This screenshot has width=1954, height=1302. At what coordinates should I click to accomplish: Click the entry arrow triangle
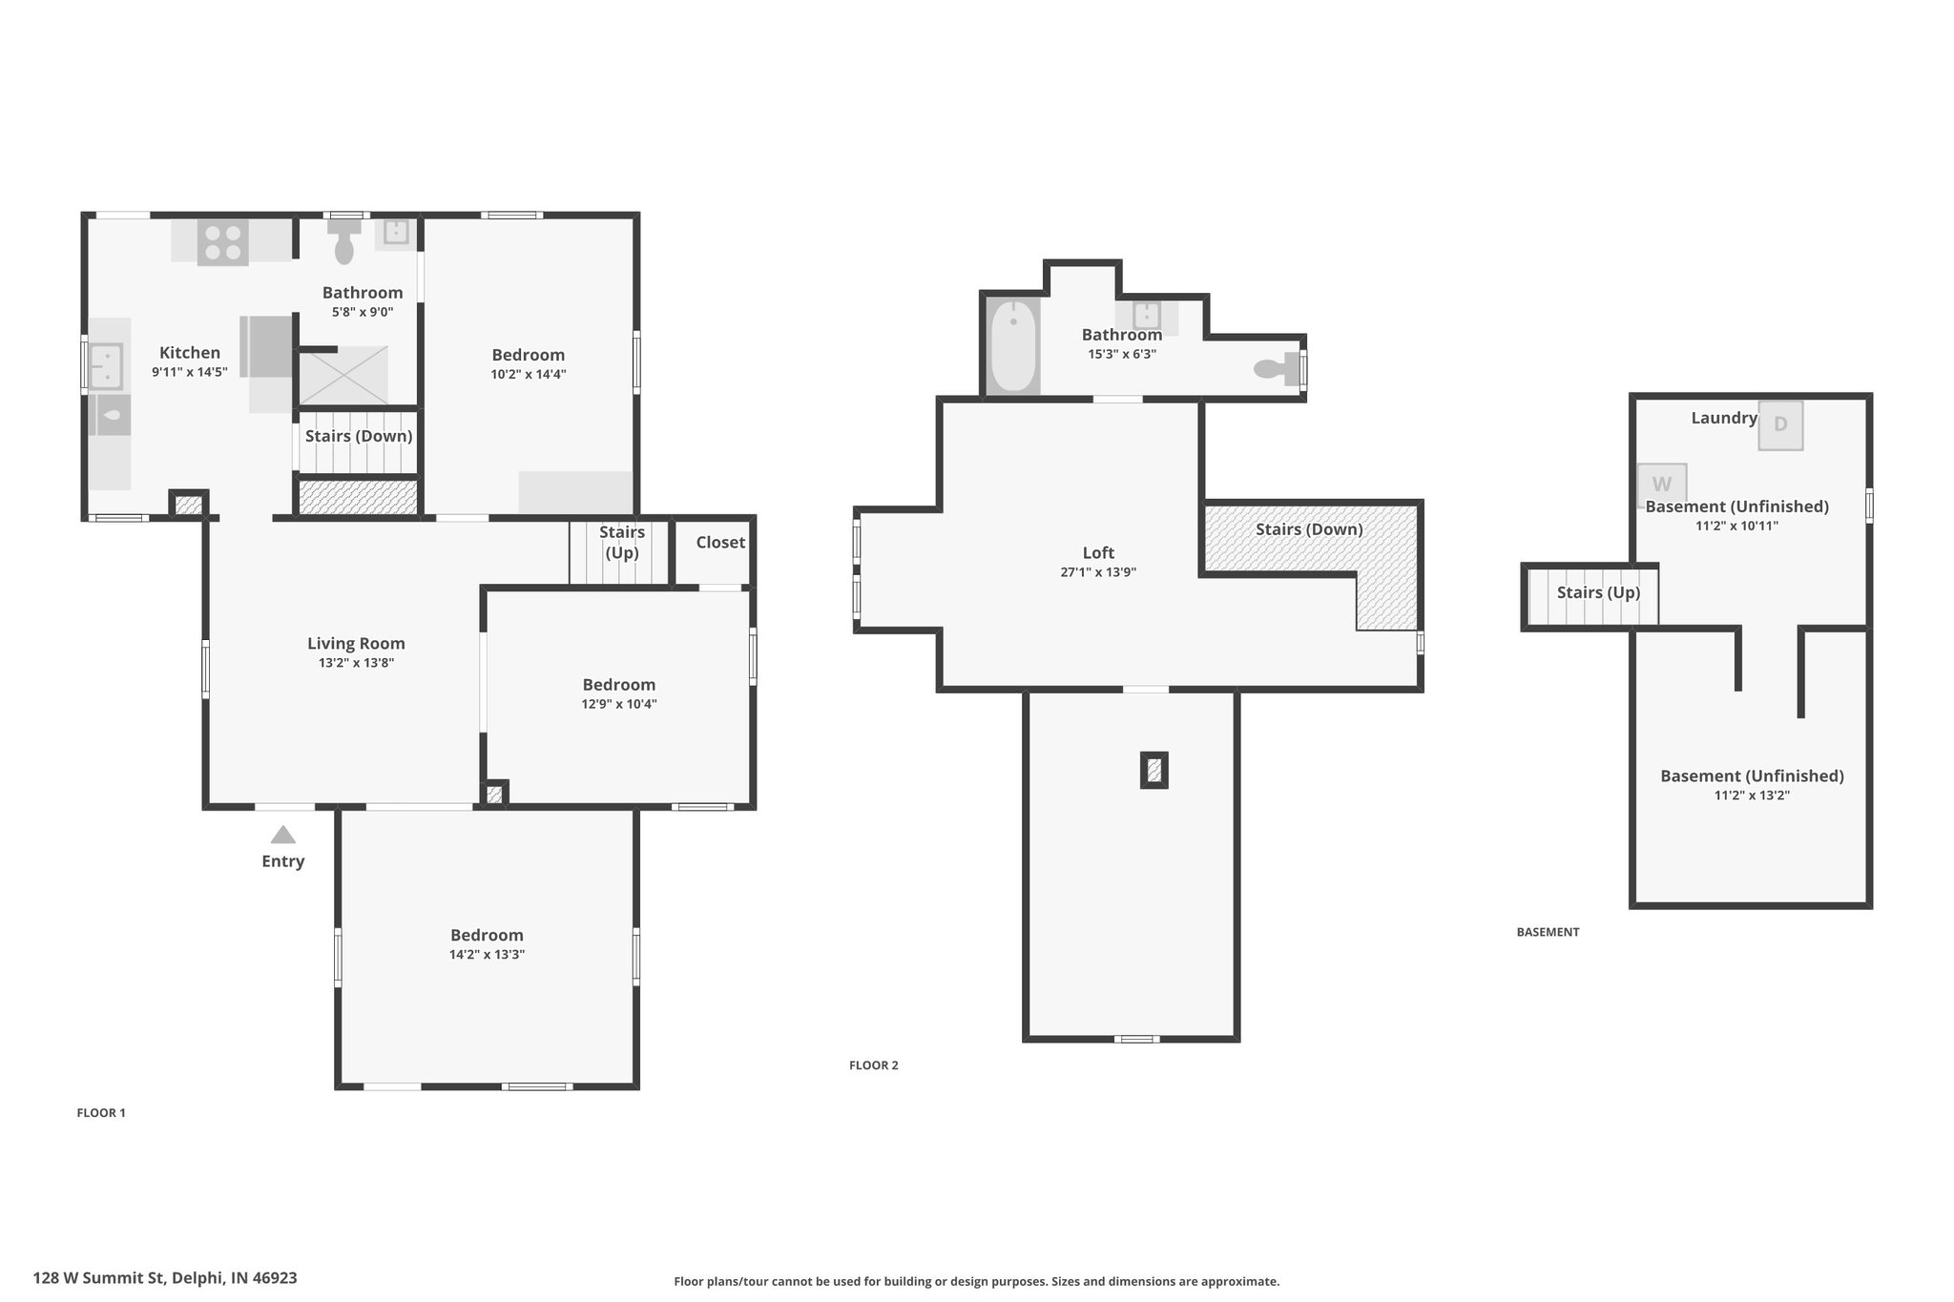[282, 835]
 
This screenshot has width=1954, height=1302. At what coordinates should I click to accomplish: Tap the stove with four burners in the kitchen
[222, 241]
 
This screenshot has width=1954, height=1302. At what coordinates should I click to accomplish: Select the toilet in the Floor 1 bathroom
[344, 240]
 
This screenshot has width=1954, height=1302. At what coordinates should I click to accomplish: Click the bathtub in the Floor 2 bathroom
[1013, 345]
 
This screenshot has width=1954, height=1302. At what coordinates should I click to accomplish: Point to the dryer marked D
[1780, 424]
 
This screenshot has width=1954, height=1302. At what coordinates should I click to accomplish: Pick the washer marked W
[1661, 484]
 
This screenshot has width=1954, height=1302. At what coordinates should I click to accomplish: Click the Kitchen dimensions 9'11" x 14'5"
[190, 373]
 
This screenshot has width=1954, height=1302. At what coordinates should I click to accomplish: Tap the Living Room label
[356, 644]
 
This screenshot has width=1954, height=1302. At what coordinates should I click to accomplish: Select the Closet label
[720, 543]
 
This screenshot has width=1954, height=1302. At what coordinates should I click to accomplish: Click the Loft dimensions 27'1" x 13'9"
[1098, 572]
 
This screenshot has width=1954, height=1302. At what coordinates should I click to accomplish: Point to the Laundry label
[1724, 418]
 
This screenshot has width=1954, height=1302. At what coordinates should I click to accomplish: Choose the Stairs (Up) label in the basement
[1598, 592]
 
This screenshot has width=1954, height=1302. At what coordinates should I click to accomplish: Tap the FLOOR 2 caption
[874, 1065]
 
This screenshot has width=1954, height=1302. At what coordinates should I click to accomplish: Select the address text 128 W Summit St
[100, 1278]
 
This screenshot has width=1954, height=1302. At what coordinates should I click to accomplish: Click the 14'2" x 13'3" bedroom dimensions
[488, 955]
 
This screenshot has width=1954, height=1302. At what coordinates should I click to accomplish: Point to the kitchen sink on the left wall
[106, 366]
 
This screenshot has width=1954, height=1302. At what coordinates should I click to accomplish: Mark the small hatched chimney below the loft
[1154, 770]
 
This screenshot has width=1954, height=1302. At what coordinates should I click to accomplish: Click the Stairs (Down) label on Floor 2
[1309, 529]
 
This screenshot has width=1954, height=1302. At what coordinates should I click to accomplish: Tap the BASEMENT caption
[1548, 932]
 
